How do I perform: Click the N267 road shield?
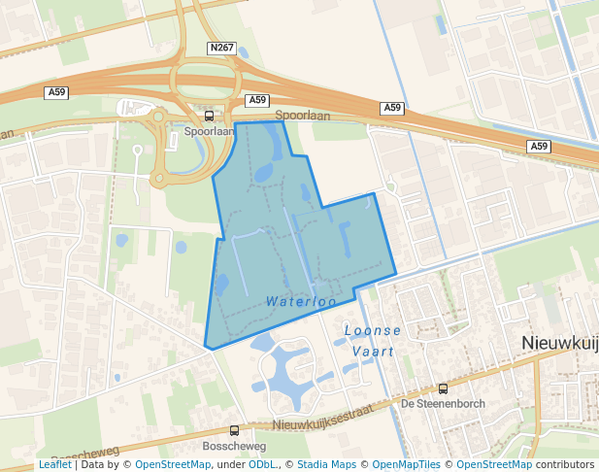220,47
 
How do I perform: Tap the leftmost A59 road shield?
57,92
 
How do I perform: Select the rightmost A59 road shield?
540,147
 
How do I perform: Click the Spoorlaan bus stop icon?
210,116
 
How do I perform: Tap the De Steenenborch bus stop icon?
444,388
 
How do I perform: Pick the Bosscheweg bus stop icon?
234,430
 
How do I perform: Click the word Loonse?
373,331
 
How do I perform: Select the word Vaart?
373,352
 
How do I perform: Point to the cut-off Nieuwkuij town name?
559,343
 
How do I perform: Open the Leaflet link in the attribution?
54,464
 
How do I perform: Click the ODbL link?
261,464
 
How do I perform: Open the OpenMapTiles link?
406,464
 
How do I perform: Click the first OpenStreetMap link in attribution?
172,464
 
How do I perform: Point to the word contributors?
564,464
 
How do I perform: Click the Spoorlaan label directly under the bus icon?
210,129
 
